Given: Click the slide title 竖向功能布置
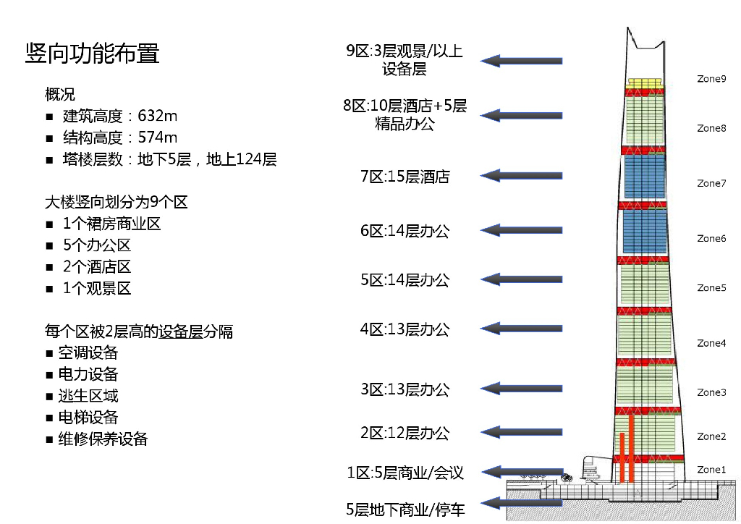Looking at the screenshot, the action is [92, 53].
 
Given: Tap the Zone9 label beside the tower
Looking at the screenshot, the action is [711, 78].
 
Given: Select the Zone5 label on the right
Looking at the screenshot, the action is [711, 287].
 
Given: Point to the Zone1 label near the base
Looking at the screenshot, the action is [711, 470].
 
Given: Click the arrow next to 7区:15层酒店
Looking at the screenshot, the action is [521, 175].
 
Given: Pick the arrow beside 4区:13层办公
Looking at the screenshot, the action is [521, 329].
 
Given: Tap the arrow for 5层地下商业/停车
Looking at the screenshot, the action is [521, 502].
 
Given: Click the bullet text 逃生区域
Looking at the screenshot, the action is [88, 396].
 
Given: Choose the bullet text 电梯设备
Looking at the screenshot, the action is [88, 418].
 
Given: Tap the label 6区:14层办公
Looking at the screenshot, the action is [405, 231].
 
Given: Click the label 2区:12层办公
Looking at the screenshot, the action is [405, 434].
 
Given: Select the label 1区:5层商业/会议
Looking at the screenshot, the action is [405, 473].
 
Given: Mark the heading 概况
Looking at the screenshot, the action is [59, 95].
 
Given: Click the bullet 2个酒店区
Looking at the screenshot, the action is [96, 267].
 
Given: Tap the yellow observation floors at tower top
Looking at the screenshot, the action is [645, 83].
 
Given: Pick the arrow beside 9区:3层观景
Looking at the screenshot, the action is [521, 61].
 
